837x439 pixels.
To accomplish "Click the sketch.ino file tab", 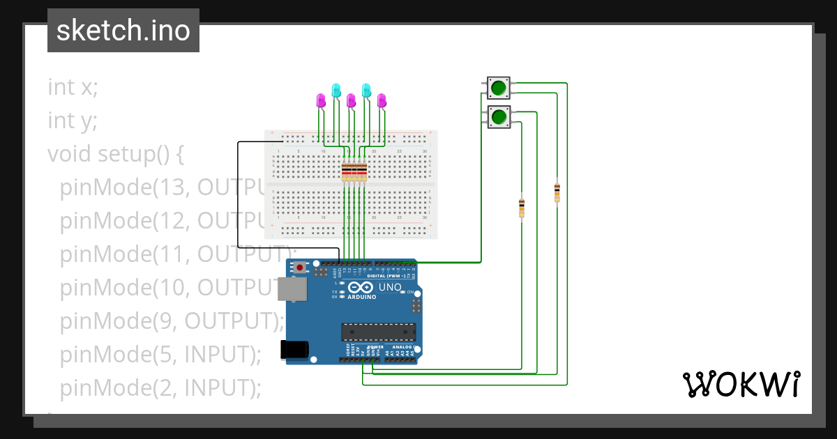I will tap(123, 31).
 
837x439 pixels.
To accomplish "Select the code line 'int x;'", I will tap(73, 87).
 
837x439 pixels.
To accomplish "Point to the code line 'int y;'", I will tap(73, 121).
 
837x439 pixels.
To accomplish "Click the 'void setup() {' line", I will tap(115, 153).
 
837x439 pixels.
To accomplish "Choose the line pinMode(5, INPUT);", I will tap(160, 354).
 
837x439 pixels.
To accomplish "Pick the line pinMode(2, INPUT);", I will tap(160, 387).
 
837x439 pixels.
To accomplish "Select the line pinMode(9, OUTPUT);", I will tap(172, 321).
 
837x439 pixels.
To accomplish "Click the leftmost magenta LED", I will tap(321, 100).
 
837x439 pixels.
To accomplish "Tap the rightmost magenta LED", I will tap(382, 100).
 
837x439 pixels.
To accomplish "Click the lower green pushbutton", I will tap(498, 117).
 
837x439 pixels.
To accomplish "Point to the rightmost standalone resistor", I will tap(557, 192).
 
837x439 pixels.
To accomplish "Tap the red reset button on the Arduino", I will tap(300, 268).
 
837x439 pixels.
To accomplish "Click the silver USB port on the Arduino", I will tap(291, 289).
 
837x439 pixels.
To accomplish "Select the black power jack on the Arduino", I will tap(294, 350).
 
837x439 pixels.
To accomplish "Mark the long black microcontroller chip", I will tap(378, 332).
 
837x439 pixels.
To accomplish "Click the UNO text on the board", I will tap(391, 287).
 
